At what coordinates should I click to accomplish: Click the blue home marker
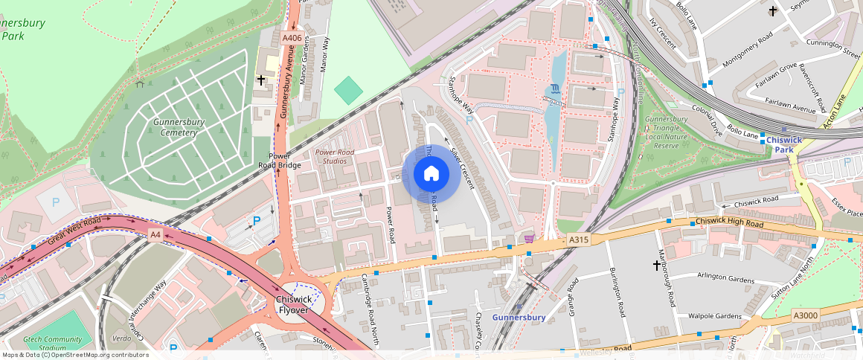[431, 174]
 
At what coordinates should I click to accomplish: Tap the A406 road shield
[291, 37]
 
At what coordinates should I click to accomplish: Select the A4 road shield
[155, 234]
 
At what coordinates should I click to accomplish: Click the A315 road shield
[579, 240]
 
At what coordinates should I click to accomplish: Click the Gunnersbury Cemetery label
[169, 127]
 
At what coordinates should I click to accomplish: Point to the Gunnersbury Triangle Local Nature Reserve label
[666, 132]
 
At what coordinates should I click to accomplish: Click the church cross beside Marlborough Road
[657, 264]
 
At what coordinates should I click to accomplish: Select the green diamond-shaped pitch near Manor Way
[348, 90]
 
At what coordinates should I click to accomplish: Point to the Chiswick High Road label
[729, 223]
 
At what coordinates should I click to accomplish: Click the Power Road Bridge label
[279, 161]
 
